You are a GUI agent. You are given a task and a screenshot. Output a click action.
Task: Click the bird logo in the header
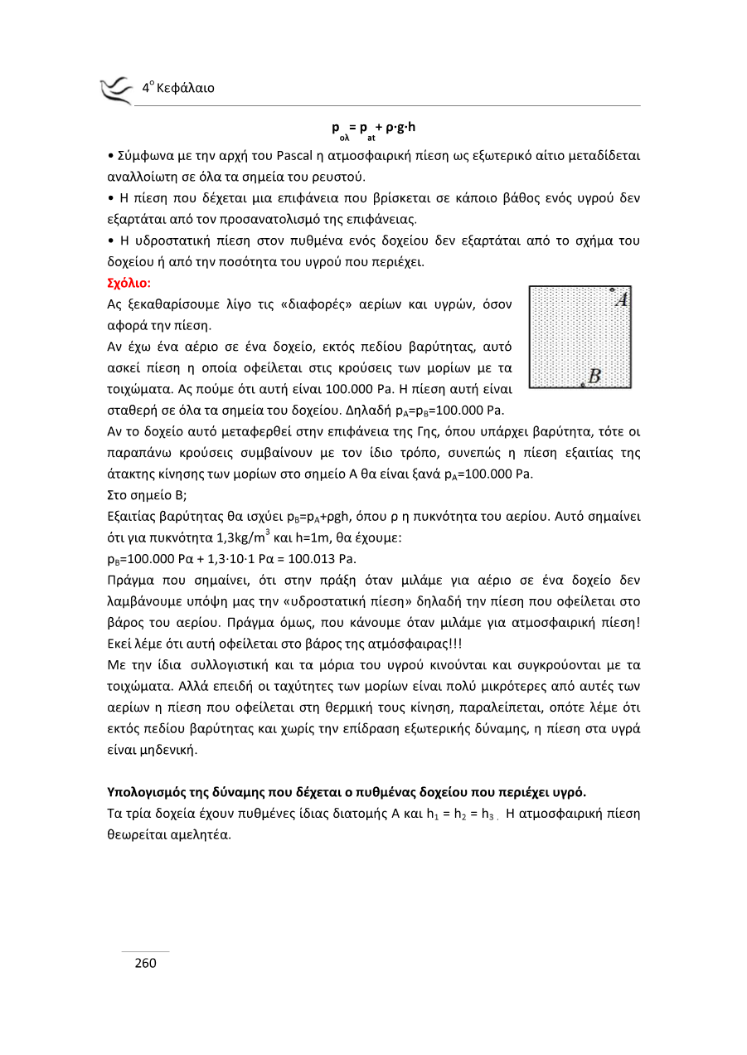click(x=116, y=90)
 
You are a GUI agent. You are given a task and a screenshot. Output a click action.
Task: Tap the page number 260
click(x=146, y=963)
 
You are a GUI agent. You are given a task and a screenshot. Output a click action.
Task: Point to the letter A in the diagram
click(x=623, y=299)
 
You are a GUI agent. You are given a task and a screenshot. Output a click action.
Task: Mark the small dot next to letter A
click(x=611, y=290)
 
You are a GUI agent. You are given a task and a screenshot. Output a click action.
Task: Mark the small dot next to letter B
click(x=583, y=385)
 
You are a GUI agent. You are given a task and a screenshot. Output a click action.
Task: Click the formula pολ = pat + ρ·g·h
click(x=374, y=129)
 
